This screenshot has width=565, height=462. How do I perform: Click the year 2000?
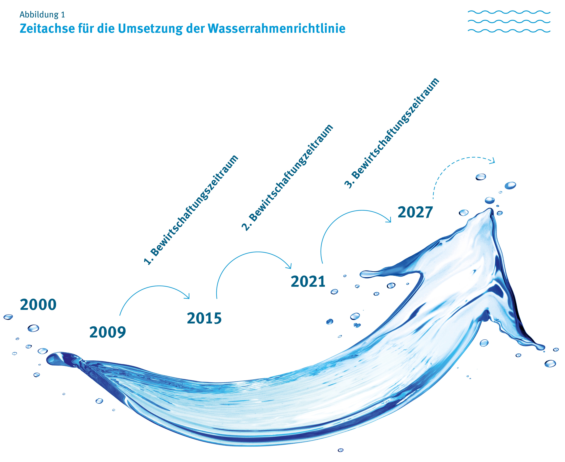38,305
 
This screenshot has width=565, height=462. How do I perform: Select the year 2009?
108,332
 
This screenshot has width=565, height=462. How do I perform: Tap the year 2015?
204,318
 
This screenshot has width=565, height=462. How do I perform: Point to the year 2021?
308,282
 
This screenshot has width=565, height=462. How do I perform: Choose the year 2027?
415,212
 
